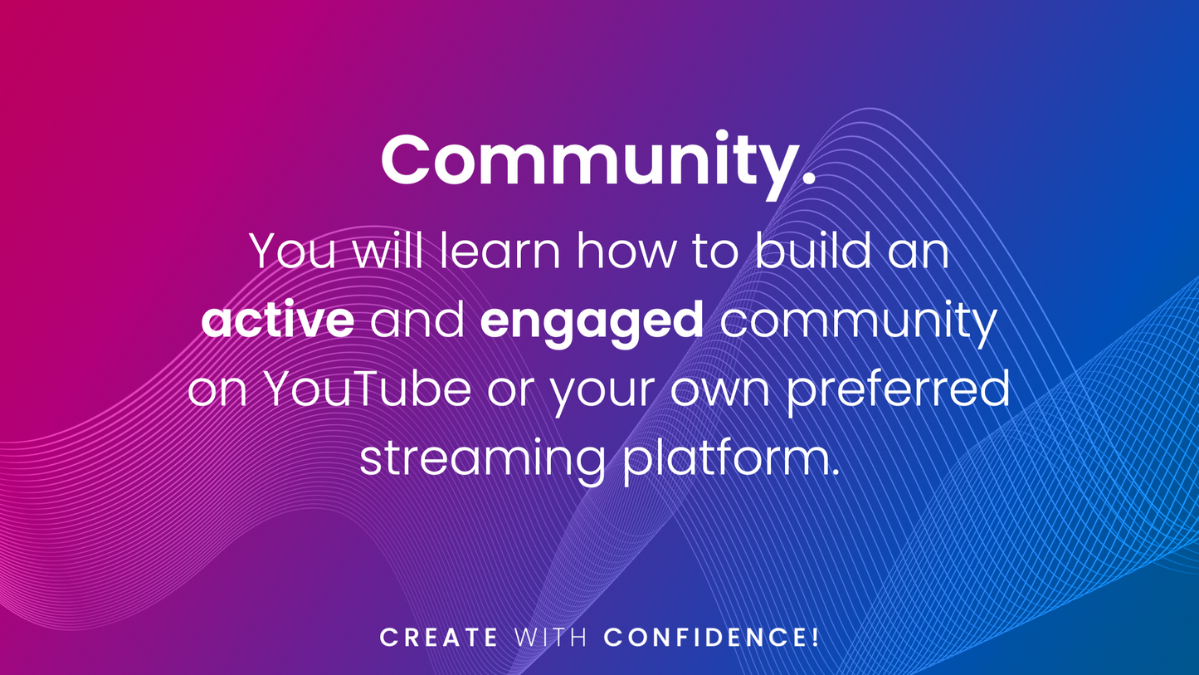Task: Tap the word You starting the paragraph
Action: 292,251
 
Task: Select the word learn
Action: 500,250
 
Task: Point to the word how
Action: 626,250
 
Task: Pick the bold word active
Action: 278,320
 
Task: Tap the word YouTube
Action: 368,389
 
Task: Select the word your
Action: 603,394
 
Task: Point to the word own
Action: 720,394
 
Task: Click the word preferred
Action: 898,394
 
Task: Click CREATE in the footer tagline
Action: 439,638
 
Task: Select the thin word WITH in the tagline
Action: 551,638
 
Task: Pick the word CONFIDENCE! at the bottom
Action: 711,637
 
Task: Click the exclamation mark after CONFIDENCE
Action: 815,637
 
